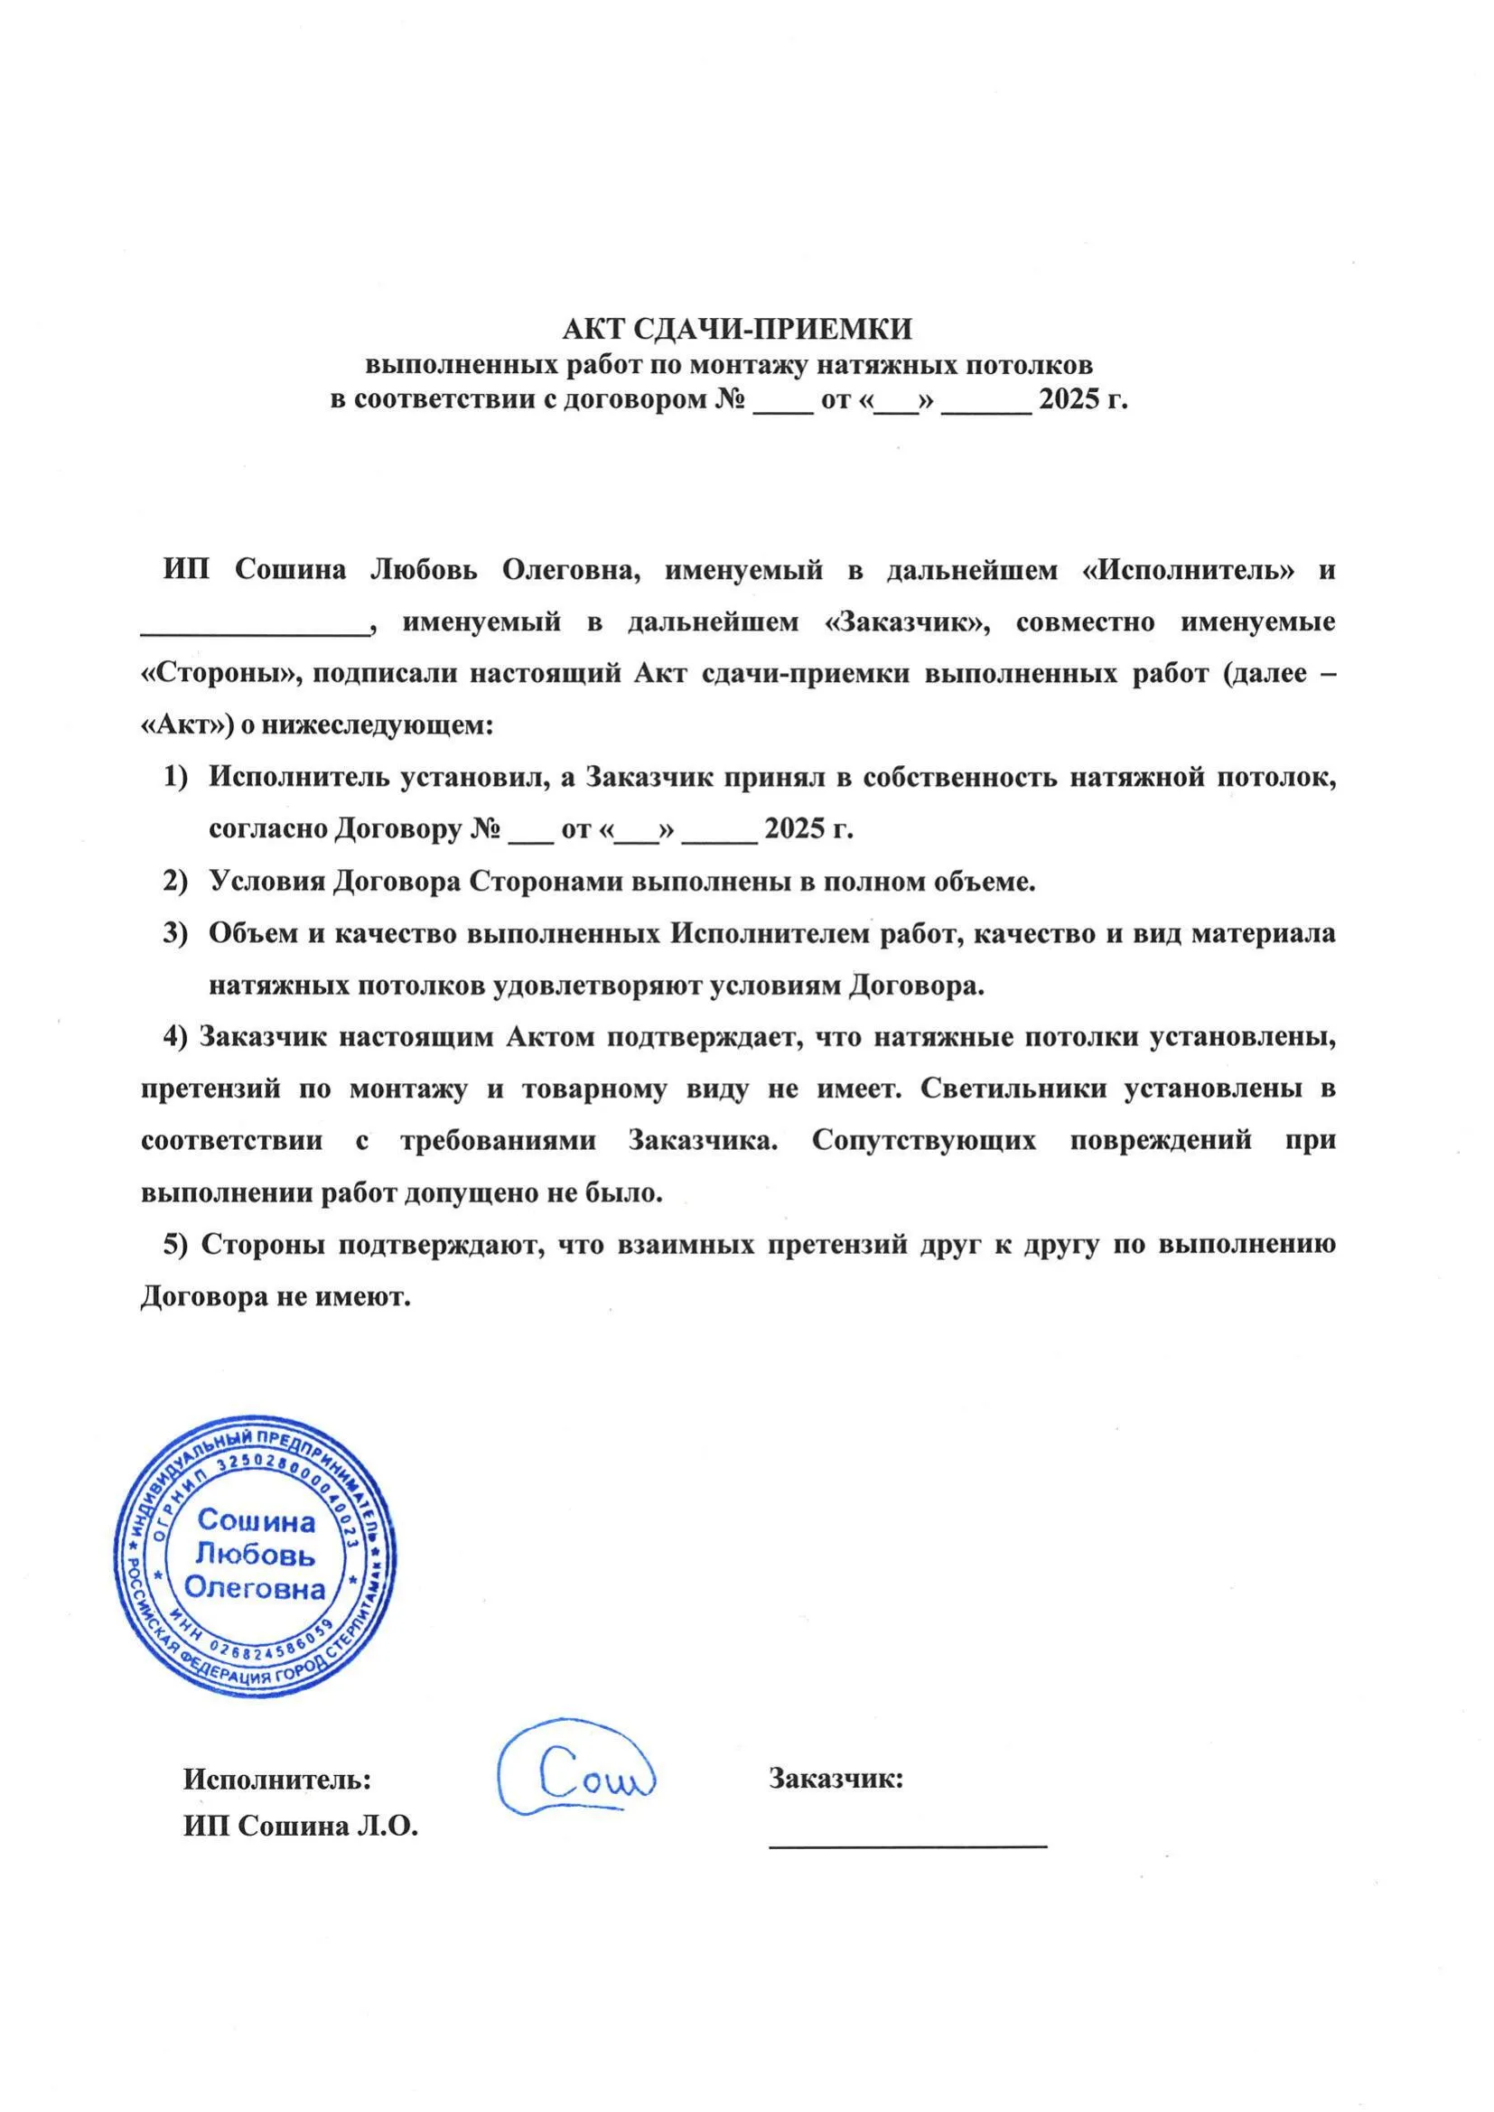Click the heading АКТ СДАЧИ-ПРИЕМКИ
click(737, 329)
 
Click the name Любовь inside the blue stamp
click(255, 1556)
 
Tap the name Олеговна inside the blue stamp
click(255, 1590)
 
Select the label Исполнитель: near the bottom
click(277, 1779)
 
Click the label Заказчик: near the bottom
click(836, 1779)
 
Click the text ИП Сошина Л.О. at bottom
click(301, 1827)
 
